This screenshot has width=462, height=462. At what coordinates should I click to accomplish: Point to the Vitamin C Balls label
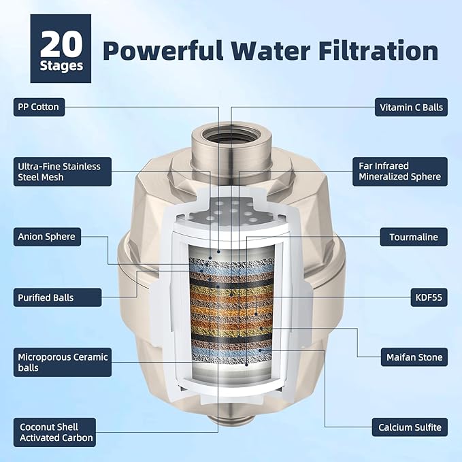[411, 107]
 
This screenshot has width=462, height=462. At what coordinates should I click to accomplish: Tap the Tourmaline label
[414, 237]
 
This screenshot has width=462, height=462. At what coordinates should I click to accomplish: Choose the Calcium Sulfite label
[410, 428]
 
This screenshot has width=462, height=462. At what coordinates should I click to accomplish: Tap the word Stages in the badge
[61, 66]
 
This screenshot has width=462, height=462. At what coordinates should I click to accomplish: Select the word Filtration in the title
[384, 50]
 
